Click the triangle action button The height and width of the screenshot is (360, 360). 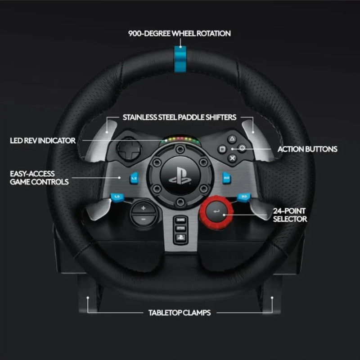(x=232, y=139)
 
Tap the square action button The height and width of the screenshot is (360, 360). (x=222, y=149)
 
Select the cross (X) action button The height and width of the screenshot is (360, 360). (x=232, y=158)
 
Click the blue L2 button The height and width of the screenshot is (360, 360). (x=134, y=178)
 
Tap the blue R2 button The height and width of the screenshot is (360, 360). (x=226, y=178)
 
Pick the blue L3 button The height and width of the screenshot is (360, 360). (x=117, y=197)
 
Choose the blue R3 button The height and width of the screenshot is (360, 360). (x=244, y=197)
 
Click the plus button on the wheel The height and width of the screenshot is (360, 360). (x=143, y=208)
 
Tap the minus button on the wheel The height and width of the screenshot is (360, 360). (x=143, y=220)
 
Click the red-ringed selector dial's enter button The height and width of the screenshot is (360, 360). (x=216, y=211)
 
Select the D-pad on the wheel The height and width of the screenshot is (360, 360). (x=129, y=149)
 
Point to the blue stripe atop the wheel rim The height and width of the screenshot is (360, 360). (x=180, y=59)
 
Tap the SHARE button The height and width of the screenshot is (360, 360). (x=180, y=220)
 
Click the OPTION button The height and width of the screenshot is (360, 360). (x=180, y=228)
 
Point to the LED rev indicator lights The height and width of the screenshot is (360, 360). (x=180, y=139)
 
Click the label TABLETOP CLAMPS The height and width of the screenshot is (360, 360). (x=180, y=313)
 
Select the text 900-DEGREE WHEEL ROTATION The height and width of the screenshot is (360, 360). (x=180, y=33)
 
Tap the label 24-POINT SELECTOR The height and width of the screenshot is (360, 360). (x=290, y=215)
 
